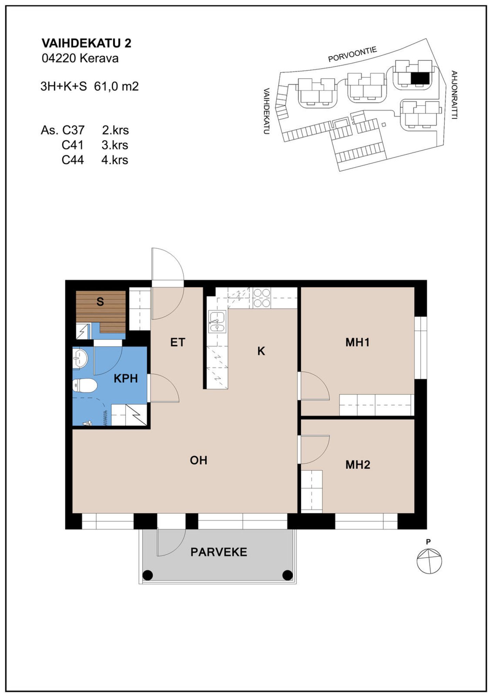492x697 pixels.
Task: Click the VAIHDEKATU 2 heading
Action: coord(86,43)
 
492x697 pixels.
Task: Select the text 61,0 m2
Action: coord(116,86)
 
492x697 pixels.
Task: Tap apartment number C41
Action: coord(72,145)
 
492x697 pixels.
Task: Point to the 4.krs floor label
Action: coord(115,160)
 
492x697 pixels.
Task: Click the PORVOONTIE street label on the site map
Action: coord(352,54)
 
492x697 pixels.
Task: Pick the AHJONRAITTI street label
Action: coord(454,95)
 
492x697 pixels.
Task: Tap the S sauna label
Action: coord(100,301)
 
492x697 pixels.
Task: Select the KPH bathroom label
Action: coord(126,378)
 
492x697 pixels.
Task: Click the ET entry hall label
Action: coord(178,342)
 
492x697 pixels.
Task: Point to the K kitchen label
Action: coord(261,351)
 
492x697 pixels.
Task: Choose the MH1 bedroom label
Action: coord(357,342)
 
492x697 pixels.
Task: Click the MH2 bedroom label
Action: coord(358,465)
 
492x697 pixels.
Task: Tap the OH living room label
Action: coord(199,460)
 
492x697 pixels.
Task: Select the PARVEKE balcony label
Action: coord(219,552)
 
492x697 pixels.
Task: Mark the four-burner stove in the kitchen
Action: coord(262,298)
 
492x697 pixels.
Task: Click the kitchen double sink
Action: coord(217,322)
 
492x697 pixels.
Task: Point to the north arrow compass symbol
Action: coord(429,560)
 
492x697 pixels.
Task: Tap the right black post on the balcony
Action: coord(288,575)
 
